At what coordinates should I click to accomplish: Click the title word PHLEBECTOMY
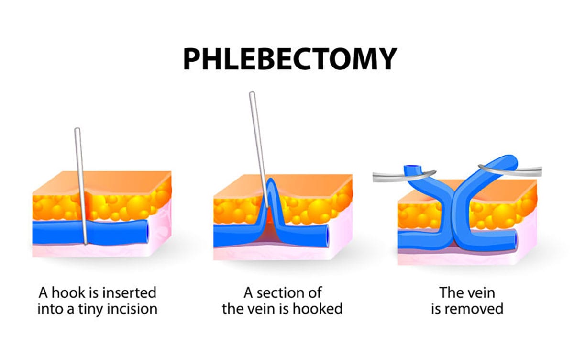290,59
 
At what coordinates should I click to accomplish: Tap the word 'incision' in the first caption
132,309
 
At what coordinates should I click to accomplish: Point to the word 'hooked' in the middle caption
318,309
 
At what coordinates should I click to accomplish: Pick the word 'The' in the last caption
451,293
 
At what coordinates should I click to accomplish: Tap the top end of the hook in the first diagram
77,129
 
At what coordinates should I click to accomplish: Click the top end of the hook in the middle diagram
252,93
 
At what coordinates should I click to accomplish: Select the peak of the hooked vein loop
270,180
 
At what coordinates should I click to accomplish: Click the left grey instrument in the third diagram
404,176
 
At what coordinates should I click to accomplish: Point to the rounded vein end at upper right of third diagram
510,161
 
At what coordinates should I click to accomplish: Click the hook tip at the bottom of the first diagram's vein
86,243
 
